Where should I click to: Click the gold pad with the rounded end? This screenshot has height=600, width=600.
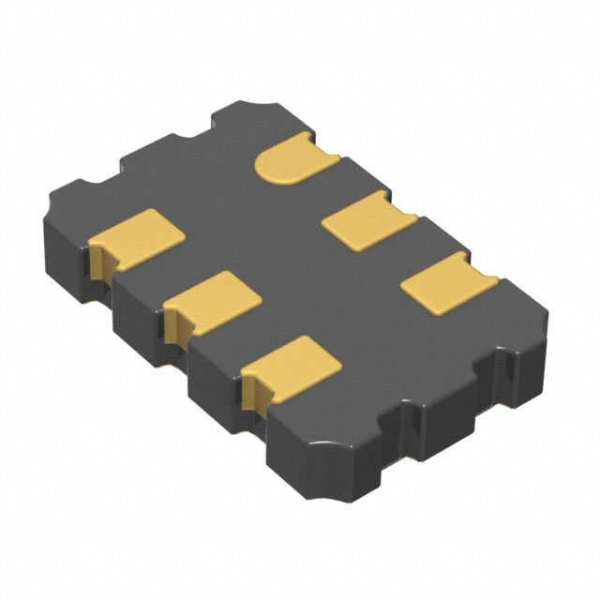point(292,159)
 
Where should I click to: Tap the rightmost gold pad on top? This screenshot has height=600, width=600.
point(446,281)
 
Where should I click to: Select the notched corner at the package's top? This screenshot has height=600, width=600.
point(272,105)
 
